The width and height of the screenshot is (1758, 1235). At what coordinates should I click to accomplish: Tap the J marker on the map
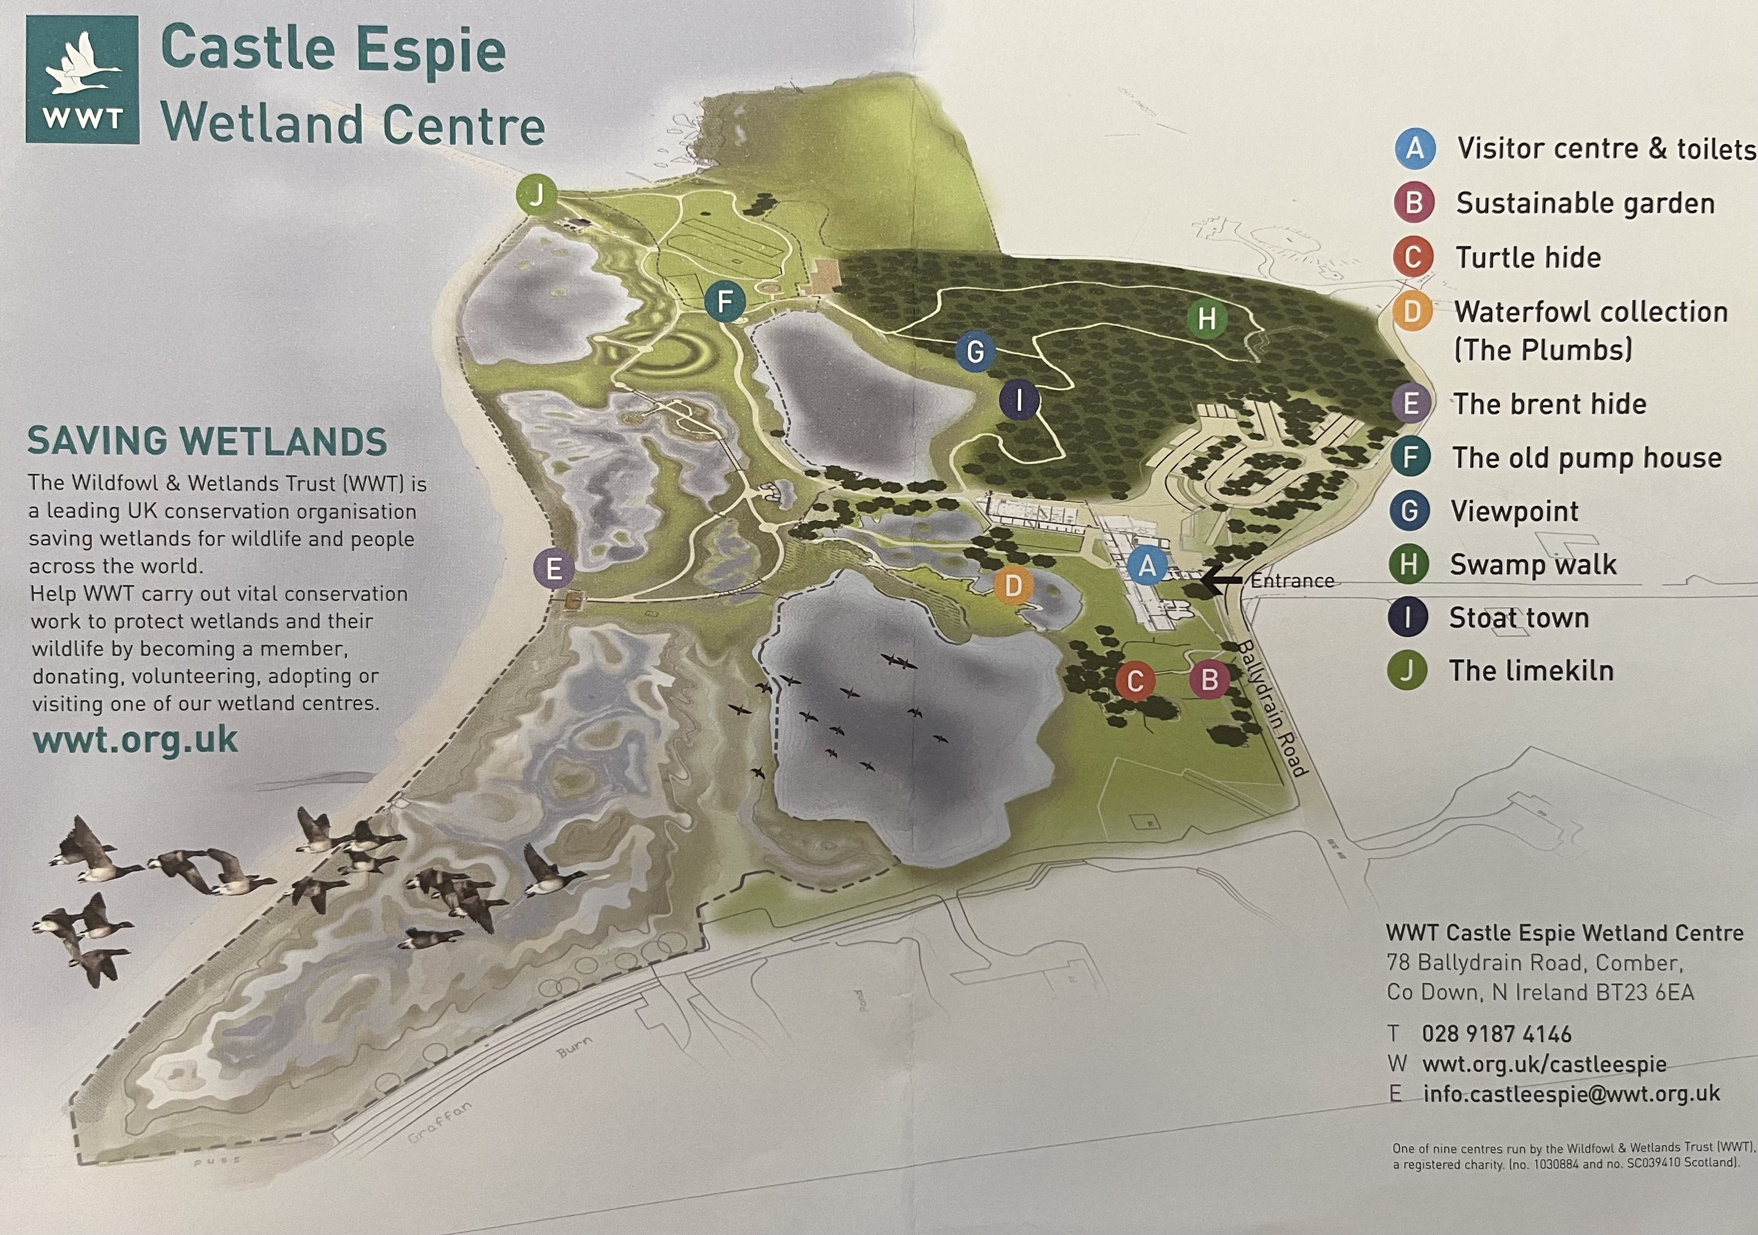[x=536, y=194]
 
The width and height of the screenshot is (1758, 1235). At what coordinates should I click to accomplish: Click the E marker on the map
[x=554, y=568]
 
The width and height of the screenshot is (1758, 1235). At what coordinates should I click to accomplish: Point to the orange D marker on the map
[x=1013, y=585]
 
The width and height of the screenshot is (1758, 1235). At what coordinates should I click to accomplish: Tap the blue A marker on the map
[x=1147, y=566]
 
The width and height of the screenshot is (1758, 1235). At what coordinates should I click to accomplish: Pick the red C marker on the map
[x=1135, y=680]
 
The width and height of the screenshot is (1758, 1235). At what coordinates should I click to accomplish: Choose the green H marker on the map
[x=1206, y=318]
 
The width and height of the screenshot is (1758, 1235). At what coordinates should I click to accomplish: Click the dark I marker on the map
[x=1019, y=399]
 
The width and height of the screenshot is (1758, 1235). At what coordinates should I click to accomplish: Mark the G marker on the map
[x=975, y=352]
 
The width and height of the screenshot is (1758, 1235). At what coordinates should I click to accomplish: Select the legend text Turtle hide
[x=1528, y=257]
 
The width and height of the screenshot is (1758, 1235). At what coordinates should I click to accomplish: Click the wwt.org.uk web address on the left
[x=135, y=740]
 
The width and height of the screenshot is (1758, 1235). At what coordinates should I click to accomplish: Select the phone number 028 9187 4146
[x=1496, y=1034]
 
